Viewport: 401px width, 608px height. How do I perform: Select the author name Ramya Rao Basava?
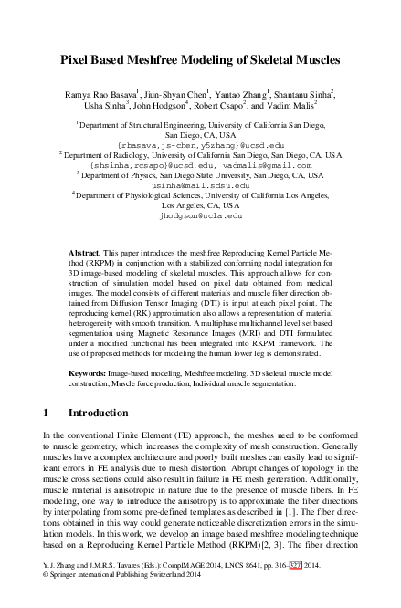point(99,93)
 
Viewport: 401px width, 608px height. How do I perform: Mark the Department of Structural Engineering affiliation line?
point(200,121)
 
